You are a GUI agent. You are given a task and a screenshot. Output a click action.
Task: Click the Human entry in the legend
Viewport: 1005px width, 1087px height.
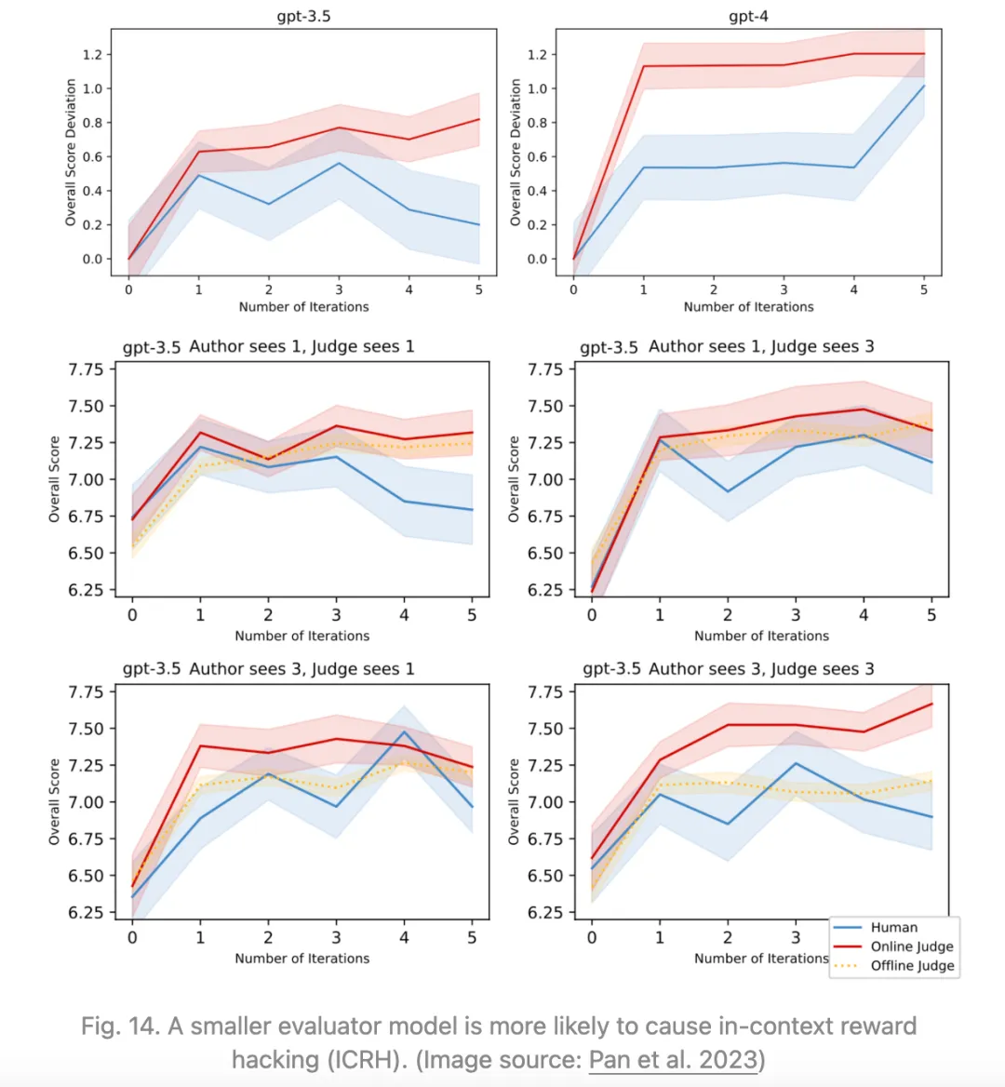click(x=893, y=928)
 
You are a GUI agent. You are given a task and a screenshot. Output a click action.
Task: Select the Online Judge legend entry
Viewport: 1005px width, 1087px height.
click(x=911, y=946)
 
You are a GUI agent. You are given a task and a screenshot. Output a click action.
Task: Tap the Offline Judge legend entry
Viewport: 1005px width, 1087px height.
click(x=912, y=966)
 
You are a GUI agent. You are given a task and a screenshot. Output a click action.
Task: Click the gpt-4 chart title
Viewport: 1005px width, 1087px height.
click(x=748, y=17)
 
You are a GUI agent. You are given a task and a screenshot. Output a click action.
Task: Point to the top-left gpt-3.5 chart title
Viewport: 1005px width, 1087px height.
click(x=303, y=17)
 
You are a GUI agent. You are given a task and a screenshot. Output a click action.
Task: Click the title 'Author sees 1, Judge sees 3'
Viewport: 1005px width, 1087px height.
click(x=761, y=346)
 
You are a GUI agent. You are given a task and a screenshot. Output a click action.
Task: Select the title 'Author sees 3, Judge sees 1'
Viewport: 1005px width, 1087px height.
click(x=301, y=669)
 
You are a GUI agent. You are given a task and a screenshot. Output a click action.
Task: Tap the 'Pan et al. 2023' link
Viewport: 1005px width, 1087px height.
click(x=674, y=1060)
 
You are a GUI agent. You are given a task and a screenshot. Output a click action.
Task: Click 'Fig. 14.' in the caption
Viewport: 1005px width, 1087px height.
click(x=118, y=1027)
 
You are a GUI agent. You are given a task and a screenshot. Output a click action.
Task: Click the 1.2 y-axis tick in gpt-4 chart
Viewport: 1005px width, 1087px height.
click(x=537, y=55)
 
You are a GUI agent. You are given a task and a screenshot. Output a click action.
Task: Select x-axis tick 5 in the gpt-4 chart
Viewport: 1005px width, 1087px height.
click(x=924, y=289)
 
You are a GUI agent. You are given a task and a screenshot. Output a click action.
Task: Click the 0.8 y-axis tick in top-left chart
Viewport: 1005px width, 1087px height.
click(x=92, y=123)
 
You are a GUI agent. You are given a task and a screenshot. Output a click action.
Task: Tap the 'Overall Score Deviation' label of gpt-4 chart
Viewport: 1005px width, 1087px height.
click(x=516, y=152)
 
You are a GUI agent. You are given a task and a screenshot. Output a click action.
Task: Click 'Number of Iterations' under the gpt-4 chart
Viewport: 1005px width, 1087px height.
click(x=748, y=307)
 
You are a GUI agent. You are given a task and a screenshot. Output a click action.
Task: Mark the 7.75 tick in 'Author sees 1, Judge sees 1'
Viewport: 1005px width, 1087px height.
click(x=86, y=369)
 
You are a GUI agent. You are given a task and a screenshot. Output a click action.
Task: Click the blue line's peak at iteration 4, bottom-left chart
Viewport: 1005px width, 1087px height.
click(x=404, y=731)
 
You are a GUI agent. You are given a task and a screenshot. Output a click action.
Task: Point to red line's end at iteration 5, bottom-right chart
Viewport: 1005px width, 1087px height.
click(x=931, y=704)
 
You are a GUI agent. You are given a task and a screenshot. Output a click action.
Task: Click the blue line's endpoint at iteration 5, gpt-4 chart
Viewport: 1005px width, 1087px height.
click(x=924, y=86)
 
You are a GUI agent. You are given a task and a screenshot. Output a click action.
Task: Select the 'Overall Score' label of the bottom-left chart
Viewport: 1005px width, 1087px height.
click(x=54, y=801)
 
